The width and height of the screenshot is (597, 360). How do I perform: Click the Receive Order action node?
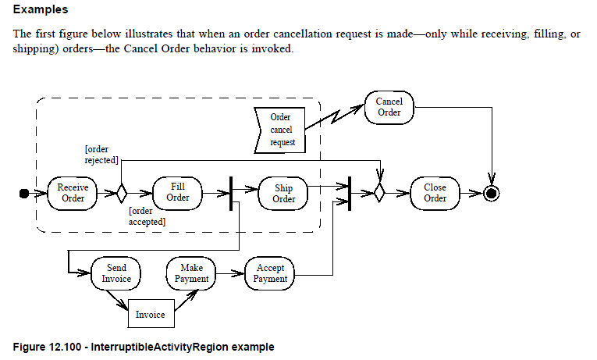[x=73, y=192]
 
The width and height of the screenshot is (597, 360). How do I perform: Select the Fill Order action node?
[x=177, y=192]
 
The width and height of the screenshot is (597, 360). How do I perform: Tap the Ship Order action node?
[x=283, y=193]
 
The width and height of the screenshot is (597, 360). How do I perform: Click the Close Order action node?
[x=435, y=193]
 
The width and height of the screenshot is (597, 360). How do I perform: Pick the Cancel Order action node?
[x=389, y=107]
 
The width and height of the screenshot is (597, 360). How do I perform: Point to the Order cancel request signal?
[x=280, y=130]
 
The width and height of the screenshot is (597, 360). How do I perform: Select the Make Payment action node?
[x=191, y=273]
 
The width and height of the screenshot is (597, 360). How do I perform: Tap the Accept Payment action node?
[x=271, y=273]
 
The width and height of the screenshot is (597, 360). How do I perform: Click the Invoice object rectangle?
[x=151, y=315]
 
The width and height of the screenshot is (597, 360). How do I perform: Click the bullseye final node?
[x=491, y=193]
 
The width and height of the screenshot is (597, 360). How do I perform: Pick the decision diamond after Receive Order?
[x=121, y=193]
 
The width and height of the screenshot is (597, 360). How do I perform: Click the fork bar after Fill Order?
[x=231, y=193]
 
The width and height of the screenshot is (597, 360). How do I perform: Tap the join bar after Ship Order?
[x=349, y=193]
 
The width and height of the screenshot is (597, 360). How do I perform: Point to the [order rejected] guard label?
[x=101, y=154]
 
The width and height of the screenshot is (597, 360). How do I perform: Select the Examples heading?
[x=41, y=10]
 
